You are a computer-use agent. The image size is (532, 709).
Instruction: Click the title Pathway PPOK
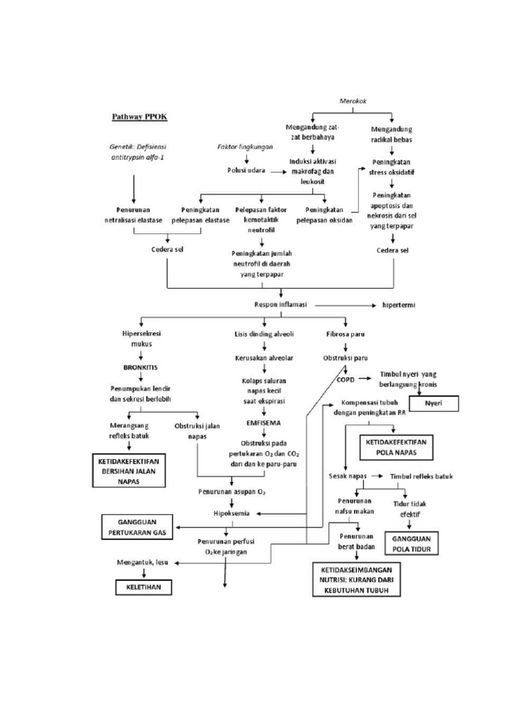coord(139,116)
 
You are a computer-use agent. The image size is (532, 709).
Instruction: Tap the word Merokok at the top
coord(353,101)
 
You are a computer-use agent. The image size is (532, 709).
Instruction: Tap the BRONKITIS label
coord(141,368)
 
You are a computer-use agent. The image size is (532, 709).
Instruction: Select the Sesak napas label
coord(347,476)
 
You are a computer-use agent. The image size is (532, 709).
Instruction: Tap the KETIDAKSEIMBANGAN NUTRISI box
coord(357,579)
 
